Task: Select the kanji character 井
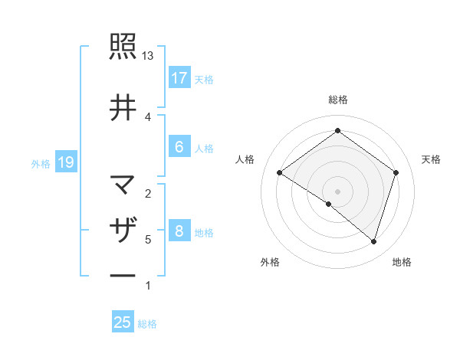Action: click(x=123, y=106)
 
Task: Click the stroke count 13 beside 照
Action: click(x=148, y=56)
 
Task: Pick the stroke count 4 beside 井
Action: click(x=148, y=116)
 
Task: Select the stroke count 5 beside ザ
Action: click(x=148, y=240)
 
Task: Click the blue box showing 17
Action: click(x=179, y=78)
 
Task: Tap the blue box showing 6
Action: click(x=179, y=147)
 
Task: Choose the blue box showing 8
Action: click(x=179, y=231)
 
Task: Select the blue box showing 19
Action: click(x=65, y=162)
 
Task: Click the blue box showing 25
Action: click(x=123, y=322)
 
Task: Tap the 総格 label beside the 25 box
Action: click(x=147, y=324)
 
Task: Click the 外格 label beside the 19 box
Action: click(x=41, y=163)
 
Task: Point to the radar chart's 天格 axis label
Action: click(x=432, y=159)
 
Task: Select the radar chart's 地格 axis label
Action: click(x=402, y=262)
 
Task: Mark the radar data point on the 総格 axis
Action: click(x=337, y=131)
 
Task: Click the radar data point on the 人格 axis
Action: click(x=280, y=173)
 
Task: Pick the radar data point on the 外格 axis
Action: click(x=329, y=205)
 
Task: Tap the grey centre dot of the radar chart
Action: click(x=337, y=191)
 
